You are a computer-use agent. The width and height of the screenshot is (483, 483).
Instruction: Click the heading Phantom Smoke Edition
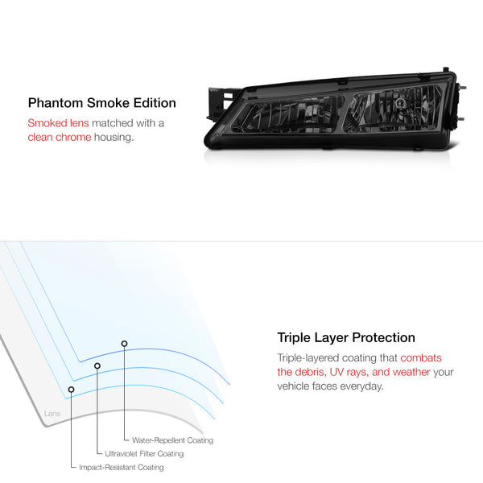click(x=102, y=103)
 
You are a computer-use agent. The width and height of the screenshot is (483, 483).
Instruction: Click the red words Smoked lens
click(x=58, y=123)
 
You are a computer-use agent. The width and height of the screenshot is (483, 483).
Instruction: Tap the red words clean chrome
click(x=60, y=137)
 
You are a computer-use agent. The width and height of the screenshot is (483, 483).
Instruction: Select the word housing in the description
click(x=114, y=138)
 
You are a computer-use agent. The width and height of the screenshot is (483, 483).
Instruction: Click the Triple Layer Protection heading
click(x=346, y=337)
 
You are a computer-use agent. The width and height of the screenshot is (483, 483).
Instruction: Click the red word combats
click(x=421, y=358)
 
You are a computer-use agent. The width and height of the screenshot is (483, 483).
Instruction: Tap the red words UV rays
click(x=349, y=372)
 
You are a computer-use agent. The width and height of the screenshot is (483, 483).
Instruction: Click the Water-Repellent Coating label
click(x=172, y=440)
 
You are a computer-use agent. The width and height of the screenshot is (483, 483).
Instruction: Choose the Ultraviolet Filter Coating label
click(x=144, y=454)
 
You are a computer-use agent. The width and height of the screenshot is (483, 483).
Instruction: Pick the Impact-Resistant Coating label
click(x=122, y=467)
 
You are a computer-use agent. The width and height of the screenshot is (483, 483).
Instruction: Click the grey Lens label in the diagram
click(x=52, y=414)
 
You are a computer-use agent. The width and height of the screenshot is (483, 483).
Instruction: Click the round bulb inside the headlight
click(x=400, y=102)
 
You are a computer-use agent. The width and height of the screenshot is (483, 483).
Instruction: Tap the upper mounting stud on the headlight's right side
click(x=462, y=88)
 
